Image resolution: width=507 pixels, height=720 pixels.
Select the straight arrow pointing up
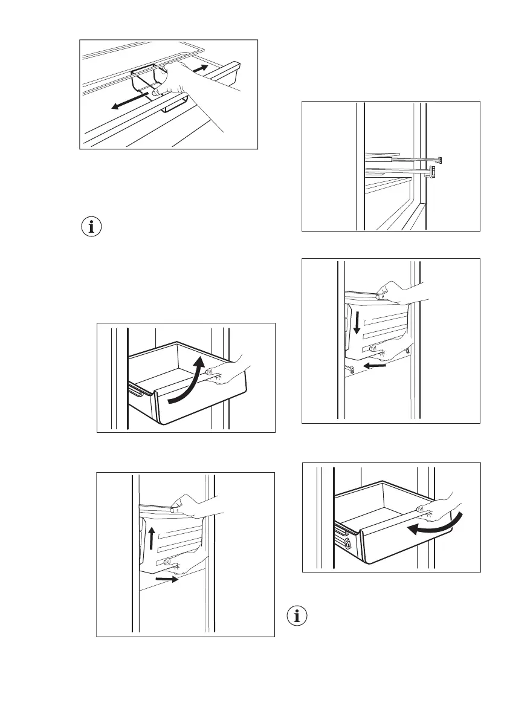click(152, 536)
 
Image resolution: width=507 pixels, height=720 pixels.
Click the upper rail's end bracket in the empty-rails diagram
click(440, 160)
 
